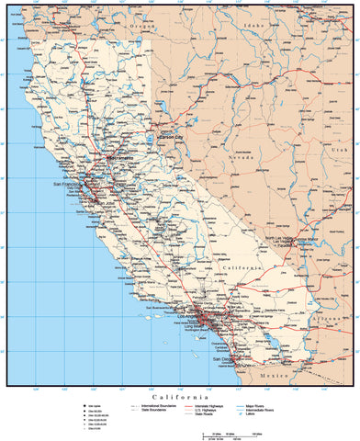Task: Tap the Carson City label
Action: point(175,135)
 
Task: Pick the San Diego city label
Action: point(223,360)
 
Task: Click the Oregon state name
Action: point(139,27)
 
